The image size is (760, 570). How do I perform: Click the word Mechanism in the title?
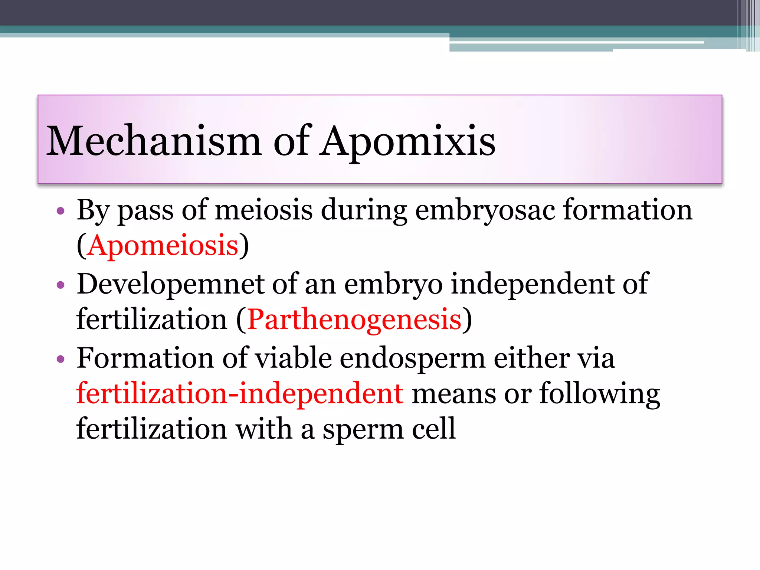[x=154, y=141]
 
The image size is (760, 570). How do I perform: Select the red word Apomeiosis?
[x=163, y=246]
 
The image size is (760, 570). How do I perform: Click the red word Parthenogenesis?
[x=354, y=319]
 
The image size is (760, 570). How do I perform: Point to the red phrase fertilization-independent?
[x=240, y=393]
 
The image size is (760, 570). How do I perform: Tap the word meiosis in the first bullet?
[x=263, y=210]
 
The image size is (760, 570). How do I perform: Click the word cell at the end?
[x=434, y=429]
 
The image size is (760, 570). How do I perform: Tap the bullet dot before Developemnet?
[x=60, y=285]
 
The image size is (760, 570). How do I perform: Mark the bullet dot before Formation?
[x=60, y=359]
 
